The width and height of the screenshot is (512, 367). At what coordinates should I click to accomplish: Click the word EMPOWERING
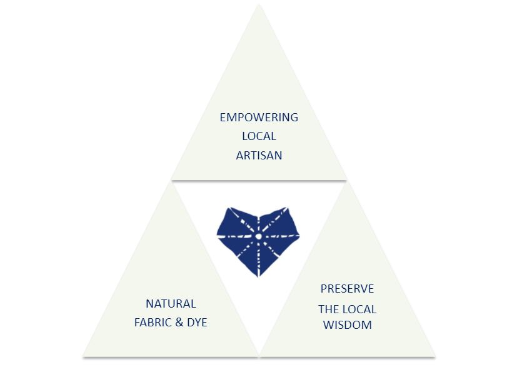[259, 117]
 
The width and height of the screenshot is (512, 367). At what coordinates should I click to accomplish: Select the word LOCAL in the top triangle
[259, 136]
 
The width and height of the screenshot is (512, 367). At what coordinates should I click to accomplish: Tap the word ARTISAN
[259, 156]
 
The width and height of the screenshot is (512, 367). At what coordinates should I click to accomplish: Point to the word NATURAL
[171, 304]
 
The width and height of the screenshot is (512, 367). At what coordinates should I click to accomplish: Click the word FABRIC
[153, 323]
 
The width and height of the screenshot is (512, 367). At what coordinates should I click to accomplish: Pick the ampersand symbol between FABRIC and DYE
[179, 323]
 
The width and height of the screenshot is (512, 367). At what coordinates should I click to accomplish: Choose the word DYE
[197, 323]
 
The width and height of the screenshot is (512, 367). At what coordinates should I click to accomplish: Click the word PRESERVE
[347, 289]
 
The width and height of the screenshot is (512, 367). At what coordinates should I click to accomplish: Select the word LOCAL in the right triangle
[360, 309]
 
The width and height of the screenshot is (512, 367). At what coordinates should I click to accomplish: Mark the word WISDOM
[348, 325]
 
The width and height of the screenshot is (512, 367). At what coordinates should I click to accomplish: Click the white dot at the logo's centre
[258, 236]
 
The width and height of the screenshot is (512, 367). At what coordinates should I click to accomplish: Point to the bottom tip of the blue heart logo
[258, 277]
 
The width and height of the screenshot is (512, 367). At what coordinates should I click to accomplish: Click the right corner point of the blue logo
[299, 234]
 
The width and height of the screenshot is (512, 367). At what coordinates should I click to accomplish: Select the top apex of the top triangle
[259, 4]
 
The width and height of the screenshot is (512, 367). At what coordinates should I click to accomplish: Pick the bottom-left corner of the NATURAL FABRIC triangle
[83, 356]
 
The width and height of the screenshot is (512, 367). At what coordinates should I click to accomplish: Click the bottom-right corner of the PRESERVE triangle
[435, 356]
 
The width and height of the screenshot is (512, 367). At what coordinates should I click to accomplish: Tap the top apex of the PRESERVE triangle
[348, 182]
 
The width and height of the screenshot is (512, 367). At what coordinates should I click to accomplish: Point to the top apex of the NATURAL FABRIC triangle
[171, 182]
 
